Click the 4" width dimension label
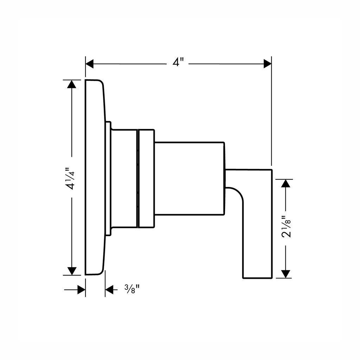coord(178,62)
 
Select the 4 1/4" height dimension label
coord(70,179)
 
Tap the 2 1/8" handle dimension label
coord(286,226)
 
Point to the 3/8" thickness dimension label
coord(132,289)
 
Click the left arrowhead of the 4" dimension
coord(89,64)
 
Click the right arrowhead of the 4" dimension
coord(268,64)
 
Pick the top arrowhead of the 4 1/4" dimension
coord(72,84)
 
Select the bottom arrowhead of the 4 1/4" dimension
coord(72,271)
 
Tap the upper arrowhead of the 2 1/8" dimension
coord(285,183)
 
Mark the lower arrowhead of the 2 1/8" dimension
coord(285,274)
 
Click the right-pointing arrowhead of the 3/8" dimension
coord(82,290)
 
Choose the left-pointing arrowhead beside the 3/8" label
coord(109,290)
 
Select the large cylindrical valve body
coord(189,179)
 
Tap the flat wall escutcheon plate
coord(95,177)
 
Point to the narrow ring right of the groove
coord(147,179)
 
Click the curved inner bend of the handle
coord(238,193)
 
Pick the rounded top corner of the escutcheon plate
coord(101,82)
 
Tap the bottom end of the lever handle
coord(257,278)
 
